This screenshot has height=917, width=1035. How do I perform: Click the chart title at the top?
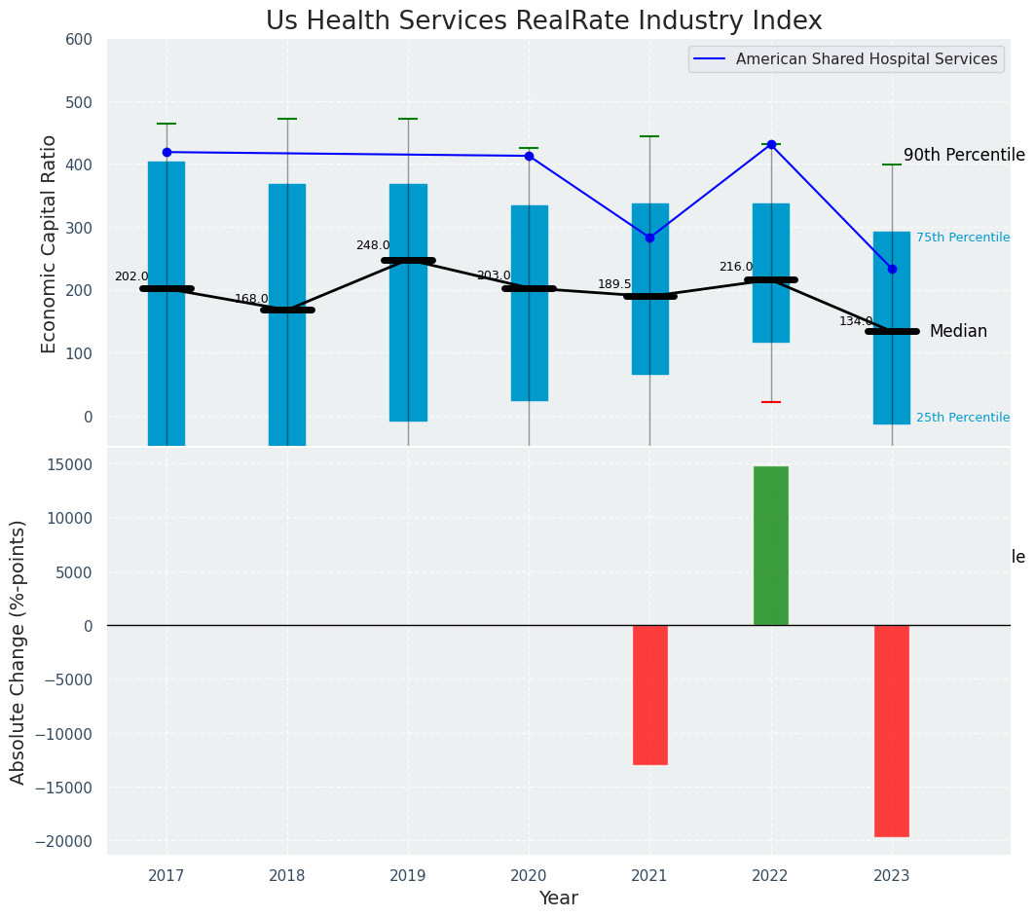(544, 21)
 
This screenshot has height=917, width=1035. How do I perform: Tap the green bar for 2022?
(770, 545)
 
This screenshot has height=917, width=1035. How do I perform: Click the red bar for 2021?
(649, 694)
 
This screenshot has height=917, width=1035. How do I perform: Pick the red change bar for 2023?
(891, 730)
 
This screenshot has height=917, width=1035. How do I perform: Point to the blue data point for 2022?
(771, 144)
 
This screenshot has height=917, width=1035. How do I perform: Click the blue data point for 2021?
(649, 238)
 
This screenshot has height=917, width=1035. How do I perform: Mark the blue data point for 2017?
(166, 152)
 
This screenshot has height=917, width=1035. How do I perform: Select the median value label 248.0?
(373, 245)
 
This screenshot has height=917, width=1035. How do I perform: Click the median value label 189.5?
(614, 284)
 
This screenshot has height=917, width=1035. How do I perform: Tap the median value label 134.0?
(856, 321)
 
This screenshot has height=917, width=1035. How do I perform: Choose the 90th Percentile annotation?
(964, 155)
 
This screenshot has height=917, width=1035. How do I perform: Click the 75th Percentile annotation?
(962, 238)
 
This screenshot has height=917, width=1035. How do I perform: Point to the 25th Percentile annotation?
(962, 418)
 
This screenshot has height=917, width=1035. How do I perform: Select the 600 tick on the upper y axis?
(79, 40)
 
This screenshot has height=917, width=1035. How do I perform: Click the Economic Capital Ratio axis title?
(50, 242)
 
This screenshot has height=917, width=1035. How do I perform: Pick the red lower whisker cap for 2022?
(770, 402)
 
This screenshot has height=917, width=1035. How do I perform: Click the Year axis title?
(558, 899)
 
